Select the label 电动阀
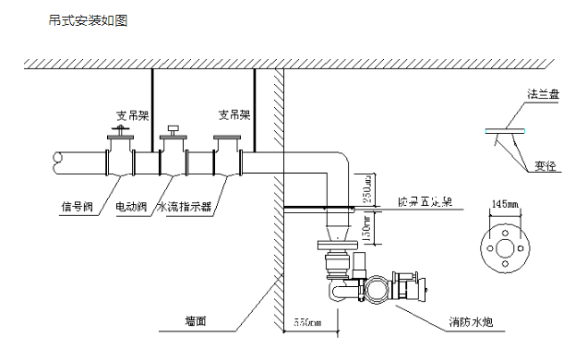coord(132,208)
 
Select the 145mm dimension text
coord(503,202)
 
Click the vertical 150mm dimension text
coord(366,225)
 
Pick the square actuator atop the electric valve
coord(172,128)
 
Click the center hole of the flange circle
coord(503,246)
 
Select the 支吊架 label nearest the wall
coord(234,115)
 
